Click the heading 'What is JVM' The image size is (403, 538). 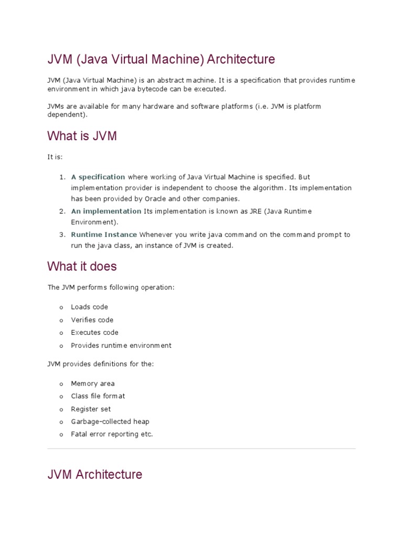pos(82,136)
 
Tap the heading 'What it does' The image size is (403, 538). pos(82,266)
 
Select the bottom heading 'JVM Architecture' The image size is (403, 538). pos(94,474)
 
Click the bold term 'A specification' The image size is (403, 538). pos(98,177)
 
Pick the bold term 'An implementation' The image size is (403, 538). pos(107,211)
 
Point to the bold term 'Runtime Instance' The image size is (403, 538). pos(104,235)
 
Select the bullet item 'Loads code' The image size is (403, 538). pos(89,307)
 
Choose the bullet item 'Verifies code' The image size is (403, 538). pos(92,320)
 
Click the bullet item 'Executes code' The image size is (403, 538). pos(94,333)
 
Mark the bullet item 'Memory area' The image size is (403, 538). pos(92,384)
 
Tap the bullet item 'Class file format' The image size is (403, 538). pos(98,396)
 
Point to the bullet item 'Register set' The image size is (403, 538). pos(91,409)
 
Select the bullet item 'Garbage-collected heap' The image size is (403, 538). pos(110,422)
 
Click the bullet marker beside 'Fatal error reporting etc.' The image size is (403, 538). pos(61,435)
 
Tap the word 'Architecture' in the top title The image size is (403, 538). pos(241,59)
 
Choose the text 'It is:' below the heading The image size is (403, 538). pos(55,157)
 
